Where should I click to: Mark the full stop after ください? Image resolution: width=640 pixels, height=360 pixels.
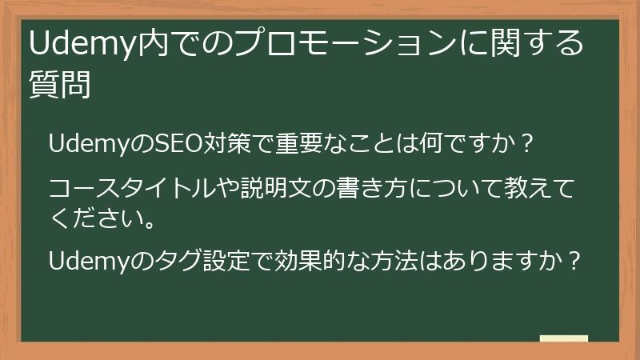click(x=149, y=220)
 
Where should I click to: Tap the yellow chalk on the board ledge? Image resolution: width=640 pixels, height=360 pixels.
click(x=563, y=338)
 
